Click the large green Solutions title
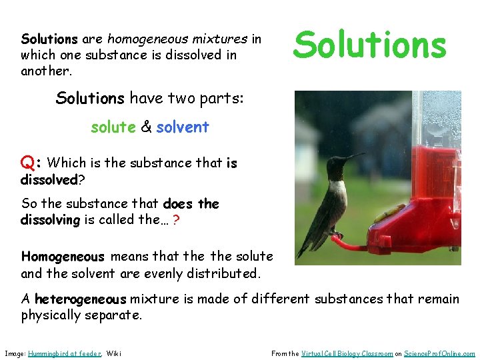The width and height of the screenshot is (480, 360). tap(369, 45)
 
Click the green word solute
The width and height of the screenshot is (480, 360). tap(113, 127)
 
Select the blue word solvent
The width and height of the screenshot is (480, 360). tap(183, 127)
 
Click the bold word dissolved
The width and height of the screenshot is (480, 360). tap(49, 180)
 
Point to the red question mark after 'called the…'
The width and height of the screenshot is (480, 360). tap(175, 221)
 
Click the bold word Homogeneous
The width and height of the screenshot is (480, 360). tap(63, 257)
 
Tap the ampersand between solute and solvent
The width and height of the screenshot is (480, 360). tap(145, 127)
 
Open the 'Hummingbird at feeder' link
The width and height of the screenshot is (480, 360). tap(64, 353)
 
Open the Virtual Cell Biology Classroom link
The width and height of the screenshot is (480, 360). tap(347, 353)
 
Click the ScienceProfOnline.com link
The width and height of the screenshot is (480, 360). tap(440, 353)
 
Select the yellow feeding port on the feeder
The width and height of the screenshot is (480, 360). tap(383, 215)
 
